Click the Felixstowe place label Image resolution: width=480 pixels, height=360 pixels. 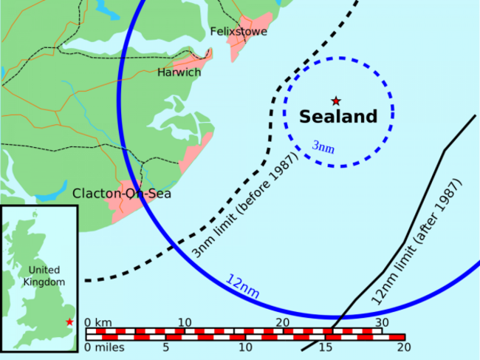tap(239, 31)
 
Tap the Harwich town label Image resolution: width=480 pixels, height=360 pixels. tap(179, 72)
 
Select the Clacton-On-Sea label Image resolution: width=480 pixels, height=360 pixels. tap(122, 194)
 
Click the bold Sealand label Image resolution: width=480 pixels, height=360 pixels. tap(338, 117)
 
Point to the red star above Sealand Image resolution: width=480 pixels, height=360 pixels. tap(336, 101)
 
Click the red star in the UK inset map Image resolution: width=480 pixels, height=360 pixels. tap(69, 322)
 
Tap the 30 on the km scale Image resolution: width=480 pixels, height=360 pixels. tap(381, 323)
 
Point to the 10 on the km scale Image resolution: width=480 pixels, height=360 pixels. tap(184, 323)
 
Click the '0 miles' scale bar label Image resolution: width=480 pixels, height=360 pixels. tap(104, 347)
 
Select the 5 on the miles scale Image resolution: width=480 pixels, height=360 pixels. tap(167, 347)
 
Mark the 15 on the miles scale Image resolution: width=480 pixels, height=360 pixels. tap(325, 347)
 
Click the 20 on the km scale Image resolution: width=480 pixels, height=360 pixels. tap(283, 323)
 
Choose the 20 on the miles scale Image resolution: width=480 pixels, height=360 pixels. tap(402, 347)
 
